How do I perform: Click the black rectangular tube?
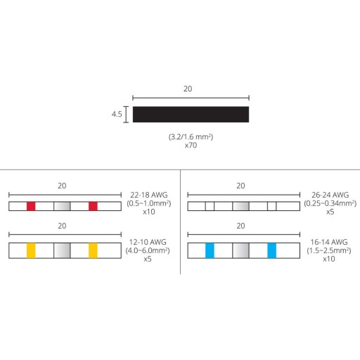click(x=191, y=115)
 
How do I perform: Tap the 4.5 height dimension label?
click(x=117, y=114)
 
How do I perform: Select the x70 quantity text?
click(x=191, y=146)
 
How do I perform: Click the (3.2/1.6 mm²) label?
click(x=191, y=136)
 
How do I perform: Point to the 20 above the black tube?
click(x=188, y=89)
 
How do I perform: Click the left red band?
click(x=31, y=206)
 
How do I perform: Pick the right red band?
click(x=93, y=206)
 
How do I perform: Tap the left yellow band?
click(x=31, y=250)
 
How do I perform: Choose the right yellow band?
click(x=93, y=250)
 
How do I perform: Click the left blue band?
click(x=210, y=250)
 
